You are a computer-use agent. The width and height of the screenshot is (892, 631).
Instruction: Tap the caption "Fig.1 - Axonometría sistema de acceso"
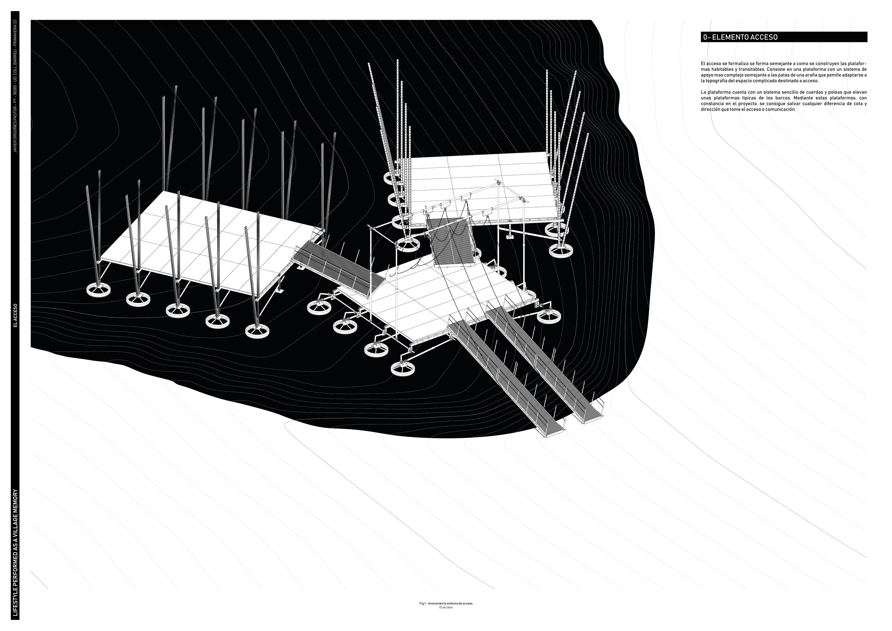446,614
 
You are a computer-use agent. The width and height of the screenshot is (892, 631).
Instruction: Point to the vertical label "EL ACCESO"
16,315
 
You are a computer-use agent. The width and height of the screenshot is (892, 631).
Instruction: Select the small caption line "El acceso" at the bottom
446,618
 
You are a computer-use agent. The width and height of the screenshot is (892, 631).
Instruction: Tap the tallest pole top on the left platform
176,86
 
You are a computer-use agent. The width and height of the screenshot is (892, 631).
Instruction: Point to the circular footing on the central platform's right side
549,315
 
